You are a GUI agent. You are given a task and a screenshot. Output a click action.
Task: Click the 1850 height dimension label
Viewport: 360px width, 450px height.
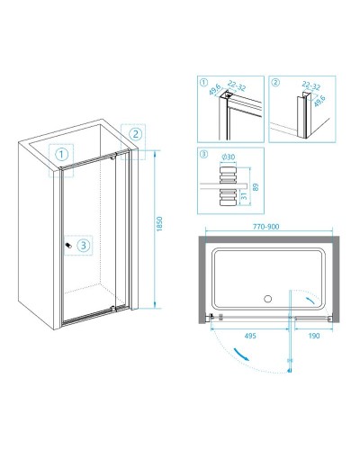pyautogui.click(x=159, y=224)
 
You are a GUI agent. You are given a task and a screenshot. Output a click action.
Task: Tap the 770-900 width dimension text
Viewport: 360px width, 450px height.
pyautogui.click(x=265, y=227)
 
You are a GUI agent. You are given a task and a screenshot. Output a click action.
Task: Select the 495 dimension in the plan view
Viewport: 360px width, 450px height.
pyautogui.click(x=250, y=336)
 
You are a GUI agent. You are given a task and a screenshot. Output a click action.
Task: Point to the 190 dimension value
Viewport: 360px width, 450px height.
pyautogui.click(x=314, y=336)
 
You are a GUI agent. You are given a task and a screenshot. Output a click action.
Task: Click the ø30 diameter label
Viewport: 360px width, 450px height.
pyautogui.click(x=229, y=157)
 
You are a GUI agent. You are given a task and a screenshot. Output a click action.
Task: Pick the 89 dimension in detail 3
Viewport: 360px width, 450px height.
pyautogui.click(x=256, y=187)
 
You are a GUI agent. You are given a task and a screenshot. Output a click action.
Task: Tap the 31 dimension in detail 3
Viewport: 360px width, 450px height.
pyautogui.click(x=244, y=196)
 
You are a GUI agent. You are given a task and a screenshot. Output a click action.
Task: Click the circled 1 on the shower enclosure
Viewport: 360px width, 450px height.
pyautogui.click(x=62, y=155)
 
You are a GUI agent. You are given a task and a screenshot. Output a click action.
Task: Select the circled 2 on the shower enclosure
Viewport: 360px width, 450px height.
pyautogui.click(x=135, y=134)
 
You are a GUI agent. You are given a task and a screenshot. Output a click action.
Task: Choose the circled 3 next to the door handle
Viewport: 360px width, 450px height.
pyautogui.click(x=83, y=246)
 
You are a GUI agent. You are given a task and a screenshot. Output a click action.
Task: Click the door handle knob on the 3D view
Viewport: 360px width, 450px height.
pyautogui.click(x=69, y=246)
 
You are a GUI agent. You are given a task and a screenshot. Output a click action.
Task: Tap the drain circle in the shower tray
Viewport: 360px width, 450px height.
pyautogui.click(x=267, y=299)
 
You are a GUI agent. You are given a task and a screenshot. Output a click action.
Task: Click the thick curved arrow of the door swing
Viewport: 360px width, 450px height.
pyautogui.click(x=241, y=355)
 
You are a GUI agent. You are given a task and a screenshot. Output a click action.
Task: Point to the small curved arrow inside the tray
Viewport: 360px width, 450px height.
pyautogui.click(x=310, y=301)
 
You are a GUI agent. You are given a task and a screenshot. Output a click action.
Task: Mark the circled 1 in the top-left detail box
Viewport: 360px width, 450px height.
pyautogui.click(x=203, y=82)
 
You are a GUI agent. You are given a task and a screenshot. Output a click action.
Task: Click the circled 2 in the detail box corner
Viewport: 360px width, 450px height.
pyautogui.click(x=274, y=82)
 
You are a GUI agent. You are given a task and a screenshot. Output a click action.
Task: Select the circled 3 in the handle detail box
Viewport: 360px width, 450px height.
pyautogui.click(x=203, y=154)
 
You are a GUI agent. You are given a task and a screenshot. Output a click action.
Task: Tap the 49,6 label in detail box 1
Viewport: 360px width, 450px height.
pyautogui.click(x=215, y=89)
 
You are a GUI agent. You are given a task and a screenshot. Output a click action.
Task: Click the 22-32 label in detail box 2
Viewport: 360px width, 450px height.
pyautogui.click(x=311, y=86)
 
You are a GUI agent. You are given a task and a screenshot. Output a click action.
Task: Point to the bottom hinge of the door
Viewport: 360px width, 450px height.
pyautogui.click(x=112, y=307)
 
